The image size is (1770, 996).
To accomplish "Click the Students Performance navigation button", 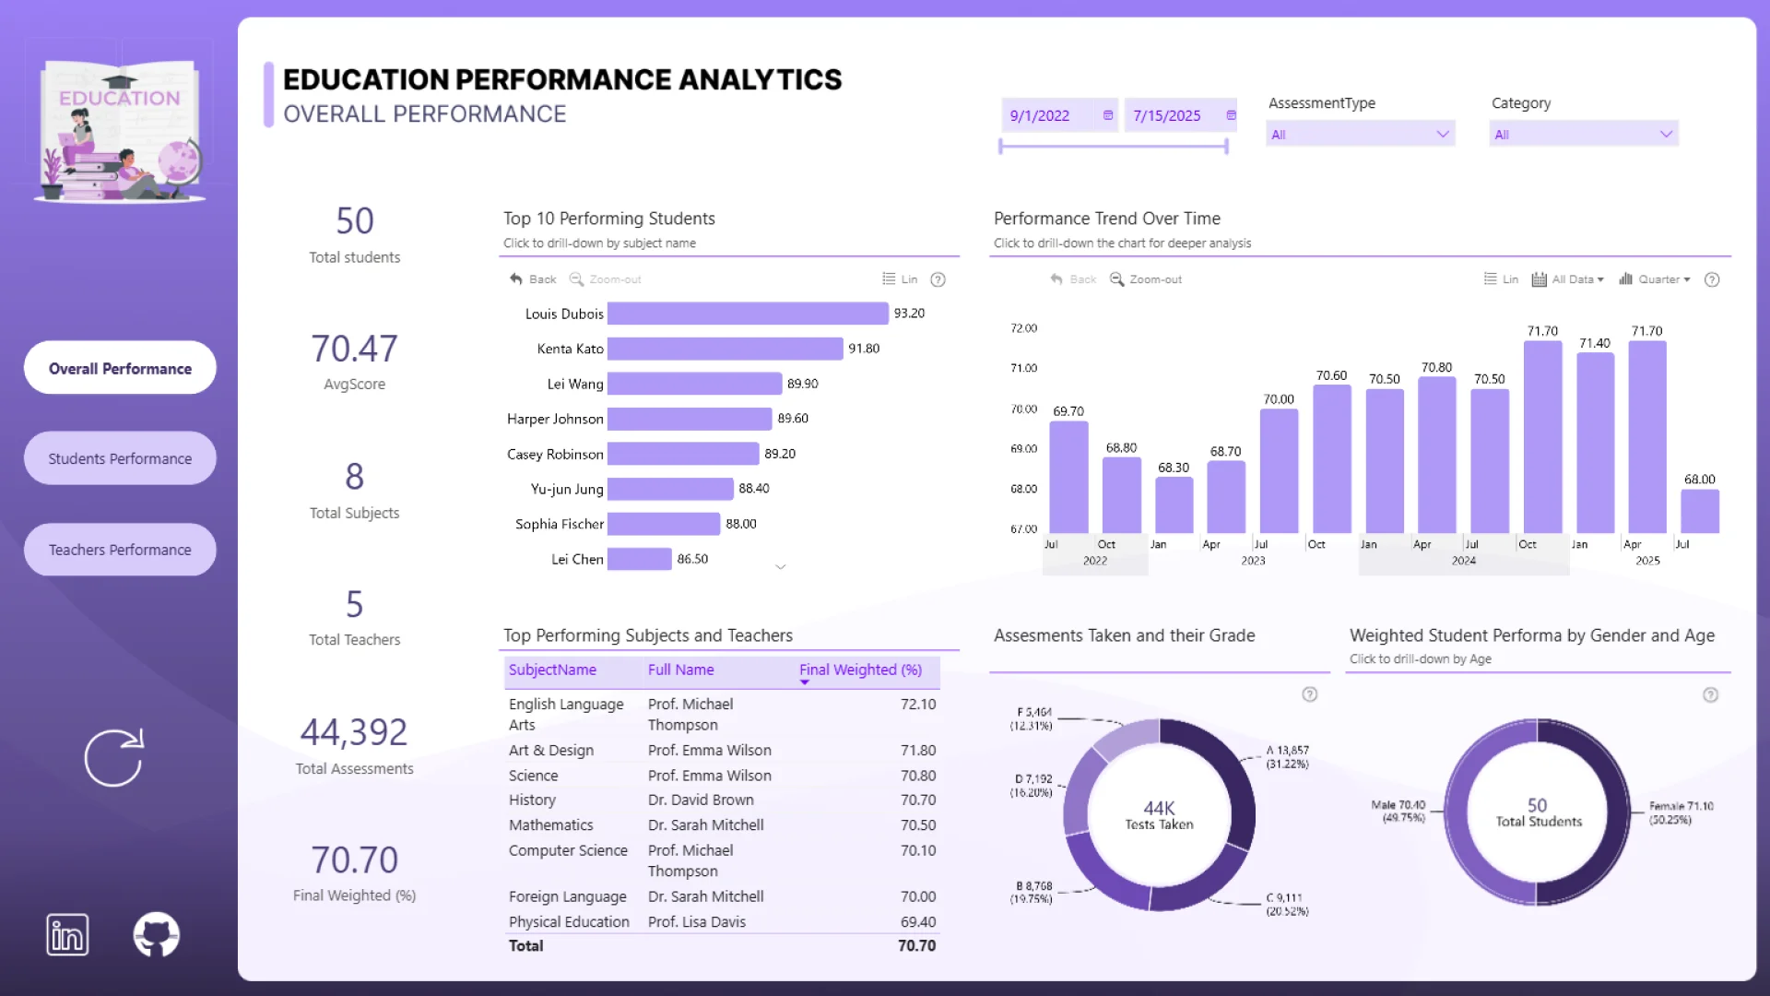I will [x=120, y=458].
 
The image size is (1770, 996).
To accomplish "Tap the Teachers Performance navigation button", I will [x=120, y=550].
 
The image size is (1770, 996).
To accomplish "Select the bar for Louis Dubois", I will [x=747, y=314].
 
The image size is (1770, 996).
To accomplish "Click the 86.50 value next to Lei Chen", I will [x=692, y=559].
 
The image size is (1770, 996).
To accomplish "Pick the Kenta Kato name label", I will [x=570, y=349].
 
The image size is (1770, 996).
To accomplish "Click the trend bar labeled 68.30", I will [x=1174, y=504].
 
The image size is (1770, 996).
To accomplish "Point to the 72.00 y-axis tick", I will [x=1023, y=328].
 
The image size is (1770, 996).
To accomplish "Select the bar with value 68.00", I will [x=1699, y=511].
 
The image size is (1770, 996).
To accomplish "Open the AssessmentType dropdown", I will [x=1360, y=135].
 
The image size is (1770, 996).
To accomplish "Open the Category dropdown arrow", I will [x=1666, y=135].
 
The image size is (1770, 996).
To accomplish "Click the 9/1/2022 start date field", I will [x=1040, y=116].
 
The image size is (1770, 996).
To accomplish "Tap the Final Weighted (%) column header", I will [x=860, y=670].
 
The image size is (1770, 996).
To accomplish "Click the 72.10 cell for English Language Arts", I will [x=917, y=705].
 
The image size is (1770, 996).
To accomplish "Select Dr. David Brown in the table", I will [x=701, y=800].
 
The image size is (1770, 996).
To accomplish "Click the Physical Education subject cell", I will [x=569, y=922].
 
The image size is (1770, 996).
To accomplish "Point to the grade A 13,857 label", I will [x=1287, y=757].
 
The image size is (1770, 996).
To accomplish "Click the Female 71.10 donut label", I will [x=1681, y=812].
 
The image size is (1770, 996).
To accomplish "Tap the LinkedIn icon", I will [x=67, y=935].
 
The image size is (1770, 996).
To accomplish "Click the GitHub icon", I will [x=156, y=935].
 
